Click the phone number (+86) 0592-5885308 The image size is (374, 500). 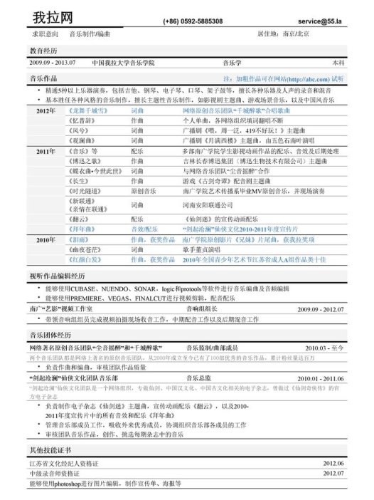coord(193,22)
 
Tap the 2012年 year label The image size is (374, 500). coord(46,112)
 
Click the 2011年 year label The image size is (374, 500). coord(46,152)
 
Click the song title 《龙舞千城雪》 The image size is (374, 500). coord(87,112)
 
